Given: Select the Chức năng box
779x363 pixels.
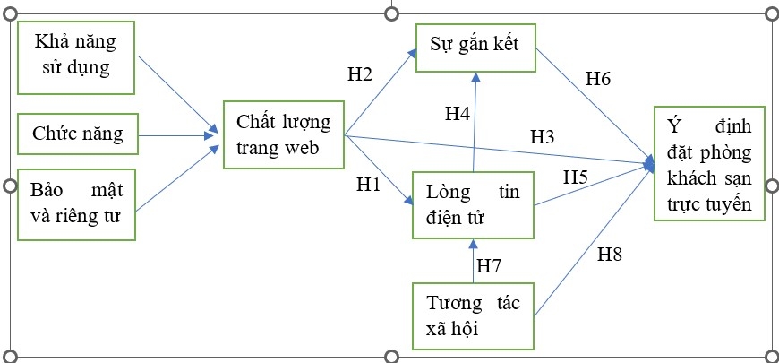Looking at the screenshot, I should click(78, 135).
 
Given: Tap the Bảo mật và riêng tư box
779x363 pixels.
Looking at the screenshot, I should click(77, 204).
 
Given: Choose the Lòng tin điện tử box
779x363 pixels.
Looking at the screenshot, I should click(474, 204).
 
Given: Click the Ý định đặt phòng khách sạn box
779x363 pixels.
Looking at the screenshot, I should click(708, 162).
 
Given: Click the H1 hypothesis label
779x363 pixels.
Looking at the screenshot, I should click(369, 185).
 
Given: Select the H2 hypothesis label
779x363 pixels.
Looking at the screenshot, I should click(359, 73).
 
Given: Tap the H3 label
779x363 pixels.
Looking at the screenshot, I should click(543, 136).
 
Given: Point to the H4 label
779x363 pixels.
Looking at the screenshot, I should click(458, 114).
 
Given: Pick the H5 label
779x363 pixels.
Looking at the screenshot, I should click(575, 177).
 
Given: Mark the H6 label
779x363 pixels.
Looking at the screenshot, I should click(598, 79).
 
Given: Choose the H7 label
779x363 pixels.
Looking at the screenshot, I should click(489, 265).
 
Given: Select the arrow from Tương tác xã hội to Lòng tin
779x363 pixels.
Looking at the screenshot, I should click(475, 261).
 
